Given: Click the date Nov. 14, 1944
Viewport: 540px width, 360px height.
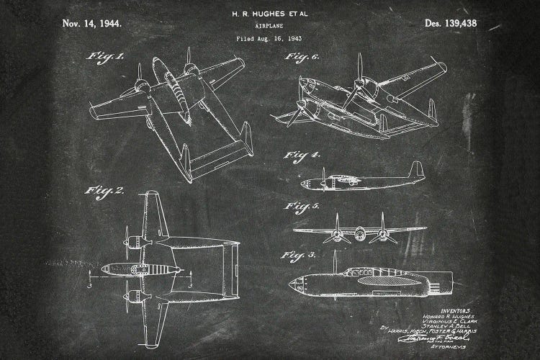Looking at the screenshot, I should click(x=92, y=23).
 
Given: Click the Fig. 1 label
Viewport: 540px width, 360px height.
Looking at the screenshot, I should click(x=105, y=55).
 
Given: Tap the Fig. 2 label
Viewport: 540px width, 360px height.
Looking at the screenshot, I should click(x=105, y=190).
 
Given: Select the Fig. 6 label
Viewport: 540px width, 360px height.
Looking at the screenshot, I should click(x=302, y=56).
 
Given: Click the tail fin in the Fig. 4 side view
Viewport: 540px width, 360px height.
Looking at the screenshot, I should click(x=415, y=171).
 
